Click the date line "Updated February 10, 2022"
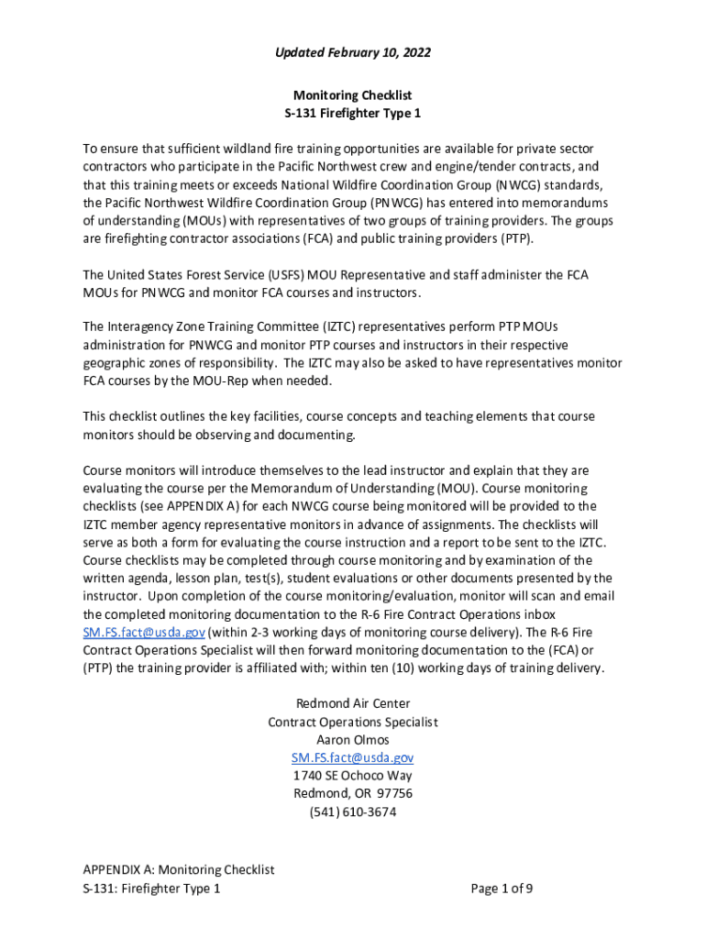(353, 53)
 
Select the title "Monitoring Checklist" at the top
(353, 95)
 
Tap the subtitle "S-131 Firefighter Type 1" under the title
(353, 114)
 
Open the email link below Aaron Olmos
(353, 757)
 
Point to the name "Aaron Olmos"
(353, 740)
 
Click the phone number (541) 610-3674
(353, 812)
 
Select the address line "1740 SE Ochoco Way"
(353, 776)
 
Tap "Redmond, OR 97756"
(353, 793)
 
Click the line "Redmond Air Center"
(353, 703)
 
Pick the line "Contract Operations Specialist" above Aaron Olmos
(353, 722)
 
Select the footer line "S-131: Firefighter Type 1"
(151, 888)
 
